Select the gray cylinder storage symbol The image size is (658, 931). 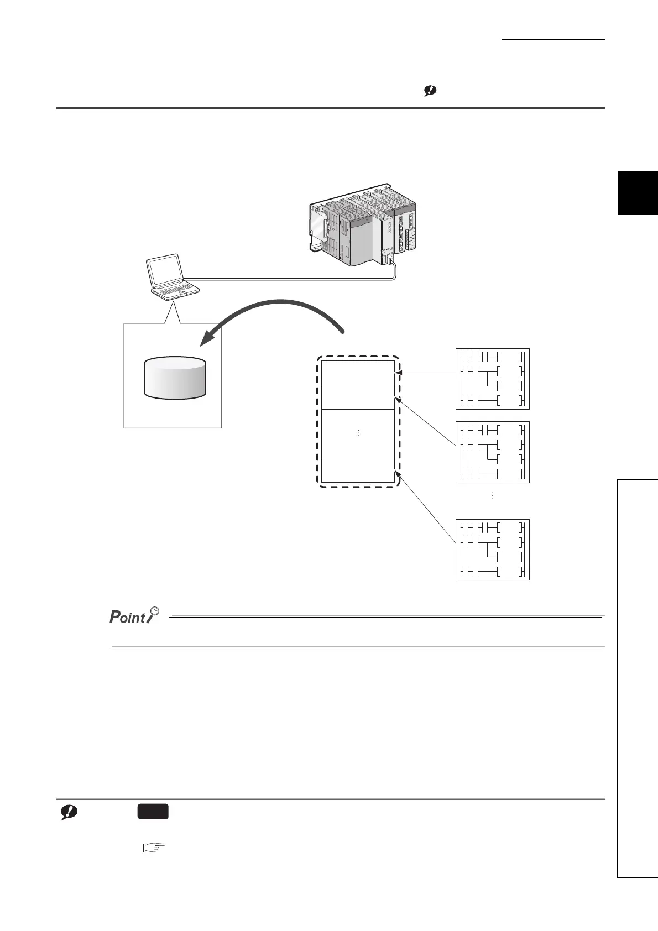(175, 377)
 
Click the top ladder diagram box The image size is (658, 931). (492, 379)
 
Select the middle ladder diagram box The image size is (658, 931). (492, 452)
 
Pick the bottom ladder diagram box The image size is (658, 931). (492, 550)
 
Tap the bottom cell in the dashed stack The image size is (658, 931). (358, 470)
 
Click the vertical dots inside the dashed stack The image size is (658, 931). (358, 433)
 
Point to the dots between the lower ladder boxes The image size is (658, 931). (492, 496)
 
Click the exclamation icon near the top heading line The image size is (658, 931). (430, 92)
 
